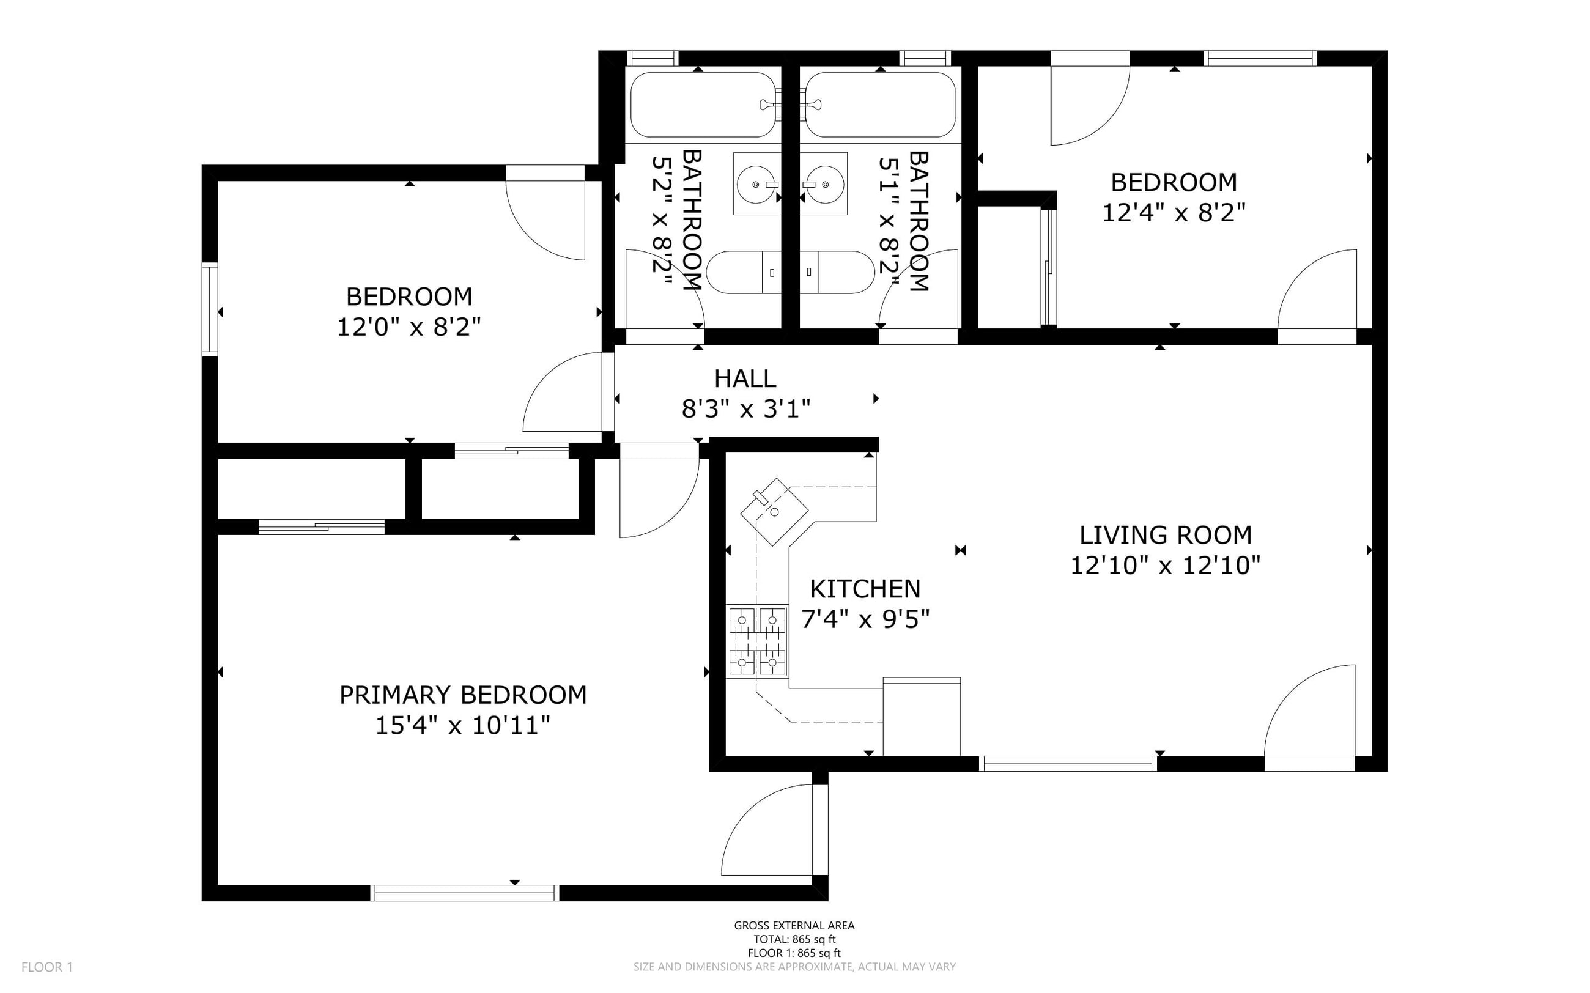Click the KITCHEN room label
pos(865,589)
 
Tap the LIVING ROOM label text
pos(1166,535)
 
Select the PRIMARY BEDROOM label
pos(463,695)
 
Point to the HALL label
pos(745,378)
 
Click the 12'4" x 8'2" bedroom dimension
pos(1174,213)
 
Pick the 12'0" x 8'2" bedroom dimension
pos(409,327)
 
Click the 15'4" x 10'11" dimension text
pos(463,725)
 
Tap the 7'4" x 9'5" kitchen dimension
pos(865,619)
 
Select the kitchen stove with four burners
pos(757,641)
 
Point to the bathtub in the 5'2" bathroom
pos(703,105)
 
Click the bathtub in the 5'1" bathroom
pos(881,105)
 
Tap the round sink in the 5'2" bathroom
pos(757,184)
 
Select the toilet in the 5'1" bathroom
pos(837,272)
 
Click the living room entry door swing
pos(1309,718)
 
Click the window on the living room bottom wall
pos(1068,763)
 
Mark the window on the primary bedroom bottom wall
pos(465,893)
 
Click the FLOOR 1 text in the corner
pos(47,967)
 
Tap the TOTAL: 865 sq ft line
pos(794,939)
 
